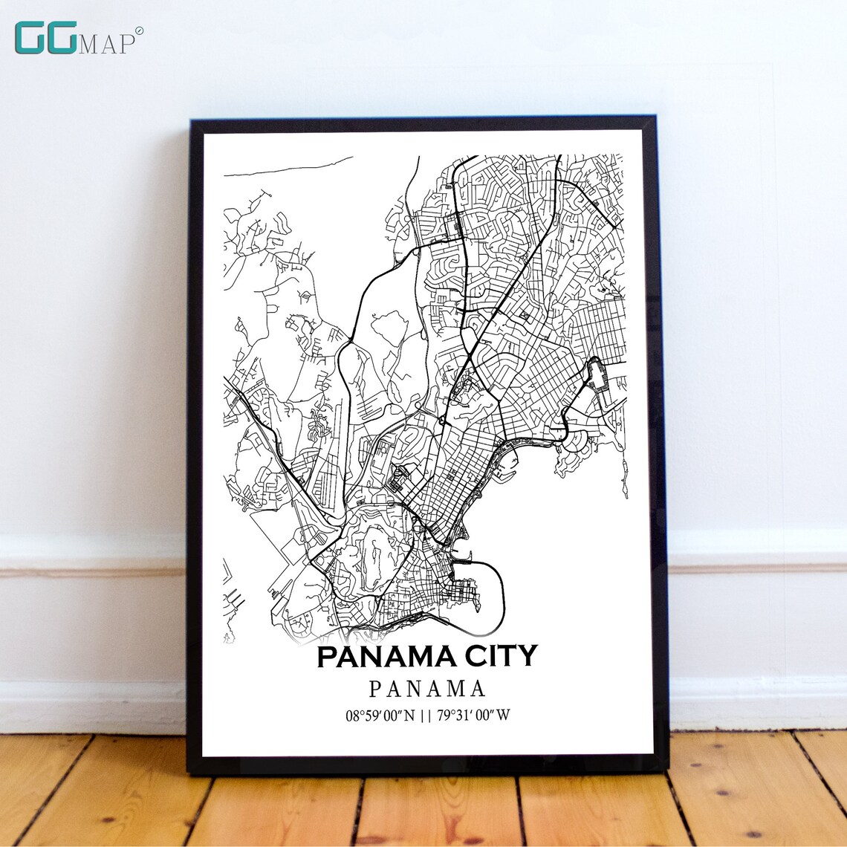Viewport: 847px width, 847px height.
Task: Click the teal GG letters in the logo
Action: click(45, 38)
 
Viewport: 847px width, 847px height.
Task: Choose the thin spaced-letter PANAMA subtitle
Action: click(427, 689)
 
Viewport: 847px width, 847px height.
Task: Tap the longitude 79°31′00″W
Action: click(474, 716)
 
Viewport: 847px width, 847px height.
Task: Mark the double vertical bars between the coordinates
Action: click(427, 716)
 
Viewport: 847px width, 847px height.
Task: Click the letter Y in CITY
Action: click(527, 657)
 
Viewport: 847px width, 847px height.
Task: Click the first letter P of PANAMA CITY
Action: click(328, 657)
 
